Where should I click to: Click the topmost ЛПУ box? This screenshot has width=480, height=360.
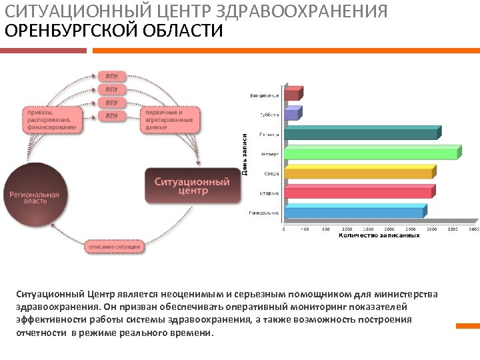pos(111,76)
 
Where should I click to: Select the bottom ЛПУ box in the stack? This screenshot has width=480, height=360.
pos(111,116)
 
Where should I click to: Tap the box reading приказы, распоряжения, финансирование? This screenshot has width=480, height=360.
pos(51,119)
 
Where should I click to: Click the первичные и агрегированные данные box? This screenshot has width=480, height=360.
pos(169,119)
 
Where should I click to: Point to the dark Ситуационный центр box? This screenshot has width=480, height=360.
pos(192,186)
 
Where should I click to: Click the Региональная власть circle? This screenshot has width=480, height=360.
pos(34,198)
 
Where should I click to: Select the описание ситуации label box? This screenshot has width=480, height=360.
pos(115,247)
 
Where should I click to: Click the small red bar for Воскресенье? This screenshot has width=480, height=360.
pos(293,94)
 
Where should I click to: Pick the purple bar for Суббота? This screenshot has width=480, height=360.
pos(291,114)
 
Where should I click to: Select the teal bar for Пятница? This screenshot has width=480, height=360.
pos(361,133)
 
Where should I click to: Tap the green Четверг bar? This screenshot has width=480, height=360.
pos(371,153)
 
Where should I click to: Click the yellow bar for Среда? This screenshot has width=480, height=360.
pos(359,173)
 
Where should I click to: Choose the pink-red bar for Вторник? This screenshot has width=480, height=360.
pos(358,193)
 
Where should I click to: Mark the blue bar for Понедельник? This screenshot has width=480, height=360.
pos(354,212)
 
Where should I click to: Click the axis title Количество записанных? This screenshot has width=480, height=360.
pos(379,235)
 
